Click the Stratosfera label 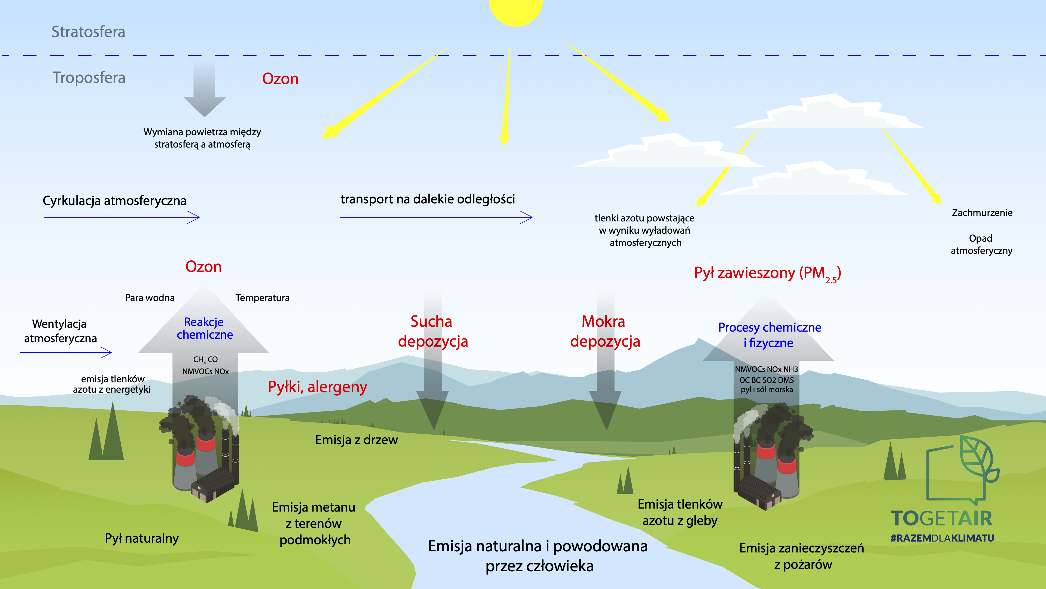pos(88,32)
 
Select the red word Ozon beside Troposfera pos(280,79)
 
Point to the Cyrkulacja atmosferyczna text pos(114,201)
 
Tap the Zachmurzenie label pos(982,213)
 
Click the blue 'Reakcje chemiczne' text pos(204,328)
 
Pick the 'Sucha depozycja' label pos(433,331)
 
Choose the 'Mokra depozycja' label pos(605,331)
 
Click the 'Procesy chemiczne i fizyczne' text pos(770,335)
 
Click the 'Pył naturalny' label pos(142,539)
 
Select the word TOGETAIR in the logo pos(942,519)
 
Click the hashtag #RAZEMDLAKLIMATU pos(942,538)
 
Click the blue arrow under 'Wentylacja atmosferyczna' pos(66,352)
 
